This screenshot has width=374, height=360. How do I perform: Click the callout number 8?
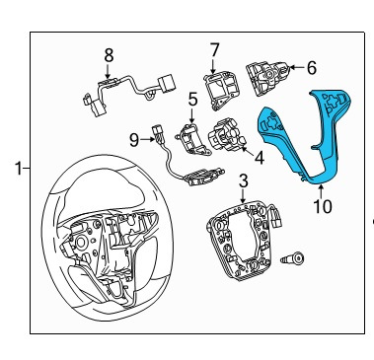point(109,55)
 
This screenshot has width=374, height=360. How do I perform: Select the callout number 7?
point(214,50)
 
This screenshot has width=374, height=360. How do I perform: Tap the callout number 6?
point(311,68)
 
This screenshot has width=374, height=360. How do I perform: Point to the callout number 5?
point(192,100)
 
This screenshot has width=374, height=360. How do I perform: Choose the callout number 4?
point(260,158)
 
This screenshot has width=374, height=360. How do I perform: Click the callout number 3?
point(243,180)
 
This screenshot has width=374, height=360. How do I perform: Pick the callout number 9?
point(134,140)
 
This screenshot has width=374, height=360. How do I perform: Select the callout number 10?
point(323,206)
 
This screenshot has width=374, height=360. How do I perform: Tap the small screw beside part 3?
point(292,258)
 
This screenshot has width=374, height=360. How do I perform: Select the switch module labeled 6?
point(267,77)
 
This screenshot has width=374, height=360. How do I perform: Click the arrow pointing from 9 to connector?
point(147,140)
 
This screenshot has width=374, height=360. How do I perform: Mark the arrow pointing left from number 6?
point(297,68)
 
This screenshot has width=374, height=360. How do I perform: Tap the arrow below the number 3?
point(243,195)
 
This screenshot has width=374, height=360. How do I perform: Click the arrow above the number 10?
point(321,190)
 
